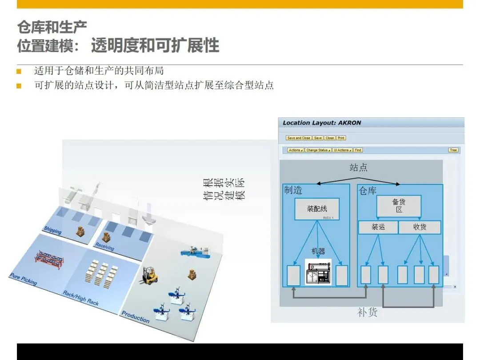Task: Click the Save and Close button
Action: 299,138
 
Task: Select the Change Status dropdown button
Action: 318,150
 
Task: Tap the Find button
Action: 358,150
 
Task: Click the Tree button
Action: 453,150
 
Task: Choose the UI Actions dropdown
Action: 343,150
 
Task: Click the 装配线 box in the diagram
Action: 317,209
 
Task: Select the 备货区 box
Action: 399,206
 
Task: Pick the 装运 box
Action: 378,227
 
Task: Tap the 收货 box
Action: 420,227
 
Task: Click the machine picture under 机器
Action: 318,272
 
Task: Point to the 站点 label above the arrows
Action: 358,168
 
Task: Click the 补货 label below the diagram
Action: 367,312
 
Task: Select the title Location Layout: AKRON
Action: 322,123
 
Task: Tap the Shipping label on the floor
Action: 53,230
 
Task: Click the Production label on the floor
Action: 136,317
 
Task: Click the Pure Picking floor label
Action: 23,279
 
